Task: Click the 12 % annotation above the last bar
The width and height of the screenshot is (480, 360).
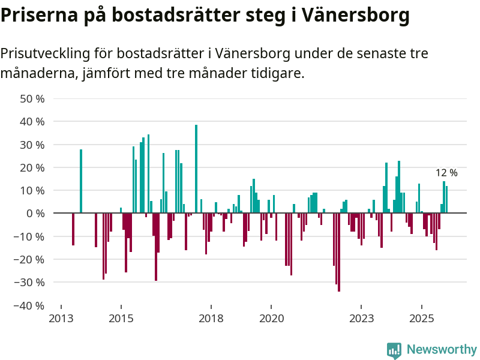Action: (x=446, y=173)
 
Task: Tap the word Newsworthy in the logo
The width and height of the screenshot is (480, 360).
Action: (x=442, y=349)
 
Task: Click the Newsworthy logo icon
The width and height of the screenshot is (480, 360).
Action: (x=394, y=350)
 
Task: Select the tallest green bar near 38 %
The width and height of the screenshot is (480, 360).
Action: (x=196, y=169)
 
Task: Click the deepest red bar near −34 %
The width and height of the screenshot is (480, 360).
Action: (x=339, y=252)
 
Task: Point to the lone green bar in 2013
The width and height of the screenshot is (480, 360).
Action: (x=81, y=181)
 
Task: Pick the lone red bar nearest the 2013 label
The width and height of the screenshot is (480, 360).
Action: (x=73, y=229)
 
